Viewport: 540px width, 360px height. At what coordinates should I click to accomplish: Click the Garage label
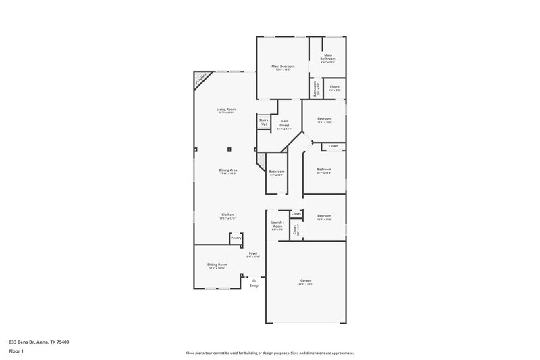pos(306,280)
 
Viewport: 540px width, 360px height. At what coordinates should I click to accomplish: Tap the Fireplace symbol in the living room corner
pos(200,80)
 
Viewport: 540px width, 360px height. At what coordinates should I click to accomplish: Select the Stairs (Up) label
pos(263,122)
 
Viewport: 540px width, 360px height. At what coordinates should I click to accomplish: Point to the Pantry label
pos(236,238)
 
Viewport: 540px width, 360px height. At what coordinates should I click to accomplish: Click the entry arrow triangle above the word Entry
pos(254,278)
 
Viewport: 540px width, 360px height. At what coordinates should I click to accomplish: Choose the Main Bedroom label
pos(281,66)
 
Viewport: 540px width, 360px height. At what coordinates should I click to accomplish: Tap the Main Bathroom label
pos(327,57)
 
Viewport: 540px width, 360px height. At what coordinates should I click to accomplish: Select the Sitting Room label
pos(217,265)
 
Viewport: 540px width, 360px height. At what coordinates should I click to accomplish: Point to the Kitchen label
pos(227,215)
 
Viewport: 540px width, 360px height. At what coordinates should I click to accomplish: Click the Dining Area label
pos(227,170)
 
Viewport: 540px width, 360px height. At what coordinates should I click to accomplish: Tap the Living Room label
pos(225,109)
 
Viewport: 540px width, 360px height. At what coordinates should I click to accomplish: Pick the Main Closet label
pos(284,124)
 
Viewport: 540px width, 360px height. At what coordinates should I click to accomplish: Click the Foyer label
pos(252,253)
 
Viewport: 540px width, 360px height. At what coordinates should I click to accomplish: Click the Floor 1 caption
pos(16,352)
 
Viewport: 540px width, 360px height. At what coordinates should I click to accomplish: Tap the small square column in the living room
pos(230,149)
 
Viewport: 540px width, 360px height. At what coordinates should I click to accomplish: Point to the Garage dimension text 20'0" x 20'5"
pos(306,284)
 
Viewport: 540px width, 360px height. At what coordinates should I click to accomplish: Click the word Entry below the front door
pos(254,286)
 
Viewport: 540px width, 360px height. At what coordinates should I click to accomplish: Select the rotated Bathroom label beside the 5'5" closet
pos(314,88)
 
